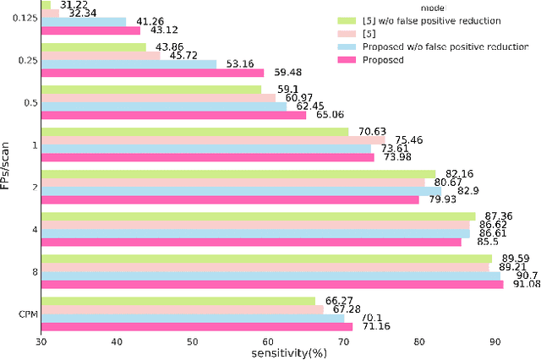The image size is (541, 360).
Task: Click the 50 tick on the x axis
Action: click(193, 341)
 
